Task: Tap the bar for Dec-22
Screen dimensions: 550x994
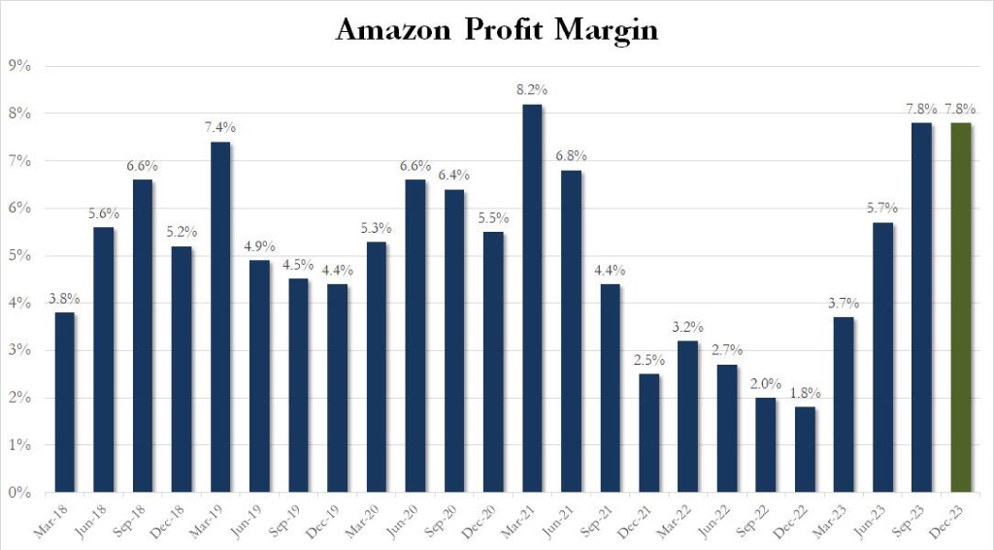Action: pos(805,449)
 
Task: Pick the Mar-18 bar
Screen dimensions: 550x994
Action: pos(65,403)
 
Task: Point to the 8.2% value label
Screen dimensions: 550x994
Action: pos(532,90)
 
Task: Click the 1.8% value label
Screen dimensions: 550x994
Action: pos(805,394)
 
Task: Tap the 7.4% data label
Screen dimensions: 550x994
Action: pos(220,128)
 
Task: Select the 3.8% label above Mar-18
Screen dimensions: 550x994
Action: pos(65,299)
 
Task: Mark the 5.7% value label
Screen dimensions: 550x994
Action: pos(883,209)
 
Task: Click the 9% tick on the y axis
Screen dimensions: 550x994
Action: pos(20,66)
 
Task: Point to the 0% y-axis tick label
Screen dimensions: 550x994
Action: pos(20,493)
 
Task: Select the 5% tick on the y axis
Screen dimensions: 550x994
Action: pos(20,256)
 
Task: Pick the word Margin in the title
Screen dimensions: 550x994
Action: pos(607,32)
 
